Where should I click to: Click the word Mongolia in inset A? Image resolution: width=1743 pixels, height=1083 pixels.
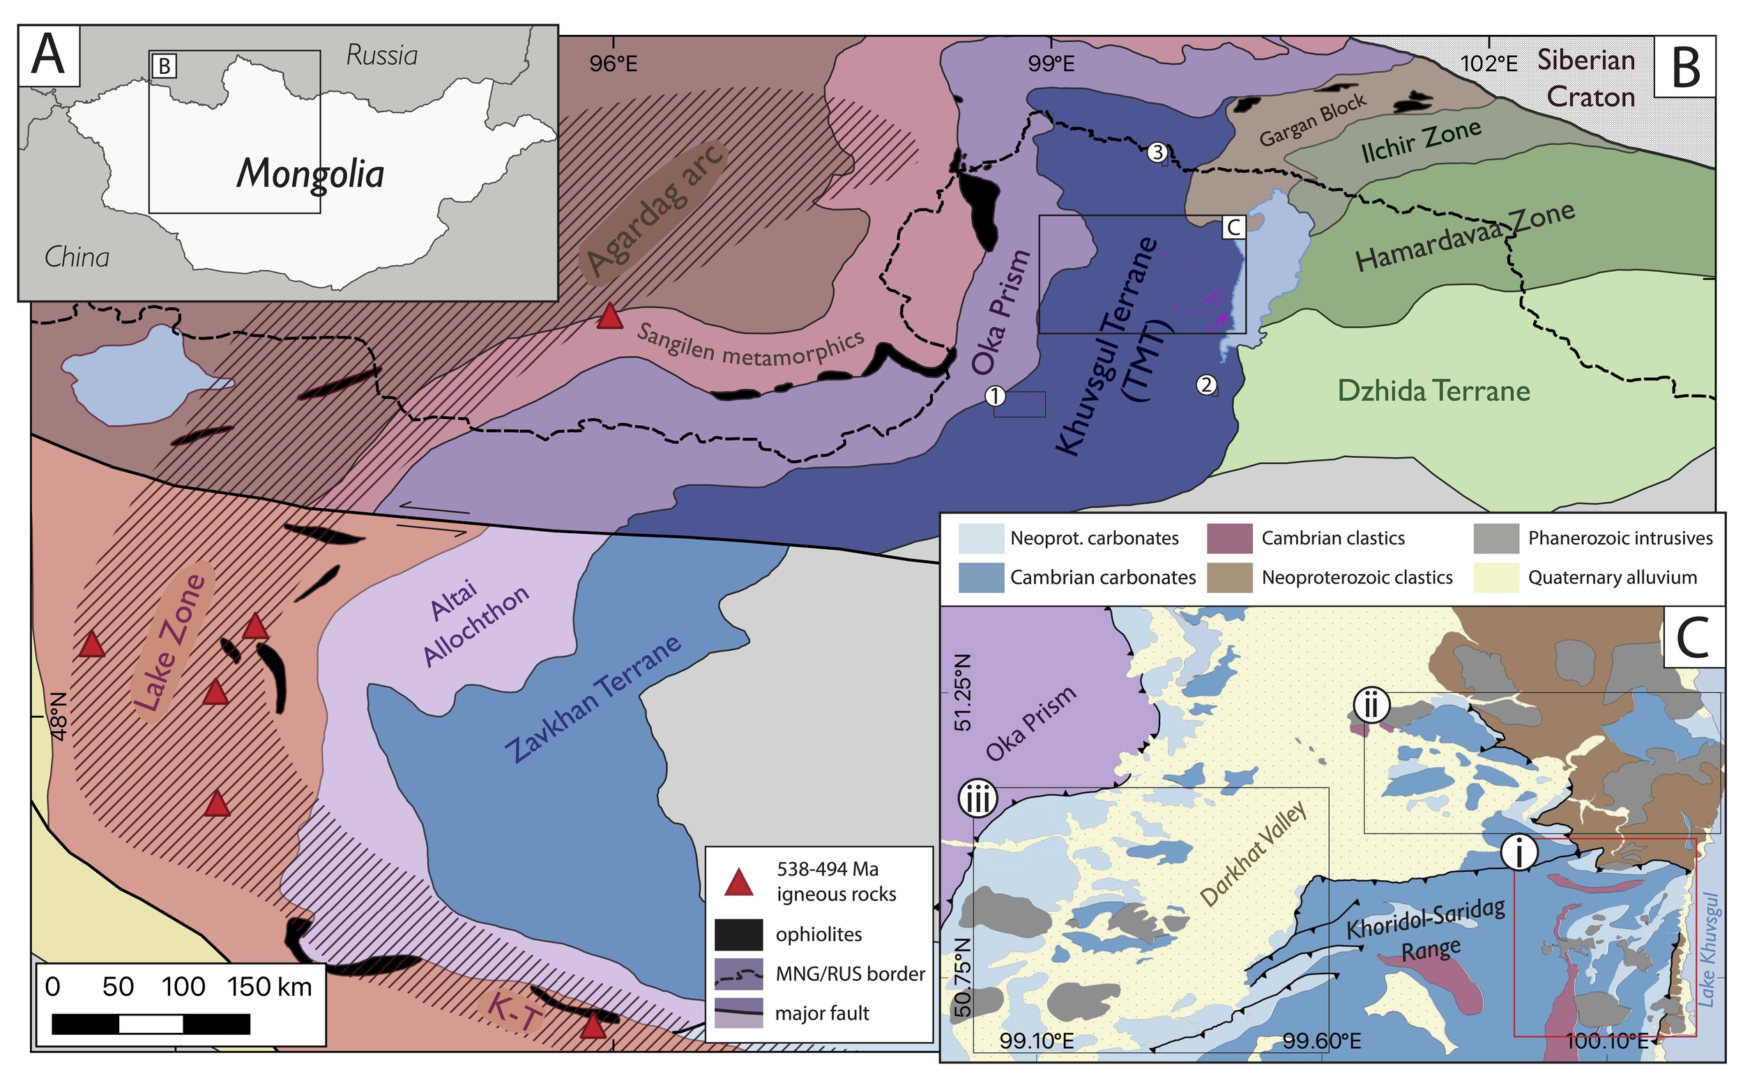pyautogui.click(x=310, y=174)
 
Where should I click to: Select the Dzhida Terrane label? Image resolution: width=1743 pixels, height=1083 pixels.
pyautogui.click(x=1433, y=391)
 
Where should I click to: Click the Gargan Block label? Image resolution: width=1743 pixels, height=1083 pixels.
pyautogui.click(x=1312, y=120)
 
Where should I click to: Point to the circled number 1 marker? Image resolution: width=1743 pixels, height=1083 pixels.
pyautogui.click(x=995, y=395)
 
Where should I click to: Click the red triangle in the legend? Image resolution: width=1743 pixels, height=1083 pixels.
pyautogui.click(x=738, y=883)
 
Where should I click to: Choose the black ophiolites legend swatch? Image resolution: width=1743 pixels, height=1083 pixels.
pyautogui.click(x=738, y=934)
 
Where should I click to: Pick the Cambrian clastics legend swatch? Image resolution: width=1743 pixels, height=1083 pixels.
pyautogui.click(x=1229, y=539)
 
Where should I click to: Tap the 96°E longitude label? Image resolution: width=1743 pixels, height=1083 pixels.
pyautogui.click(x=614, y=64)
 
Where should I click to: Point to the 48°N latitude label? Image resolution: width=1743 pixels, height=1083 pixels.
pyautogui.click(x=59, y=716)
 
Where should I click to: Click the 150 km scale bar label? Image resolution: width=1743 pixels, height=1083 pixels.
pyautogui.click(x=269, y=987)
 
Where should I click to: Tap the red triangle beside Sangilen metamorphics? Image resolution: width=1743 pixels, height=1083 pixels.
pyautogui.click(x=609, y=316)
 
